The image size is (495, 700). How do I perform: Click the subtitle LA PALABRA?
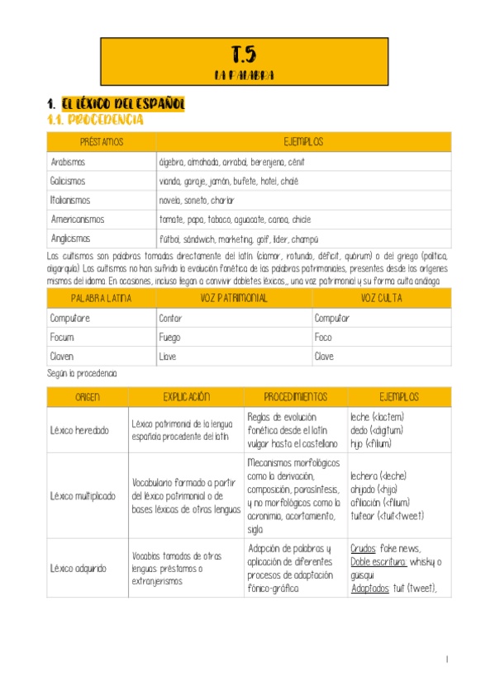(x=244, y=75)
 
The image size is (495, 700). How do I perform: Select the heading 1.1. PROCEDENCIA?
(x=95, y=121)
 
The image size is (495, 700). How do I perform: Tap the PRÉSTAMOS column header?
(x=102, y=142)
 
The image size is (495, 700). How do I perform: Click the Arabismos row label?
(x=68, y=162)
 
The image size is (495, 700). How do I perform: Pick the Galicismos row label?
(x=68, y=181)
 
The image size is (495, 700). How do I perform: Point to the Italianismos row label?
(x=70, y=201)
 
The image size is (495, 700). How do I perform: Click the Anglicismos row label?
(x=71, y=239)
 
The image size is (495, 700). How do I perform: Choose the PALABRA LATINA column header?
(x=101, y=298)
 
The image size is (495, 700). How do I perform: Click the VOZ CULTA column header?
(x=381, y=298)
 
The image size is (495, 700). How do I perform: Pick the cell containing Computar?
(x=332, y=318)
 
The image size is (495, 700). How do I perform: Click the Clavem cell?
(x=62, y=357)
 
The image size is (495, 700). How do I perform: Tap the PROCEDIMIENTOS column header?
(x=296, y=397)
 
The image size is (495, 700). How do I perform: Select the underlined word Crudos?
(x=364, y=548)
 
